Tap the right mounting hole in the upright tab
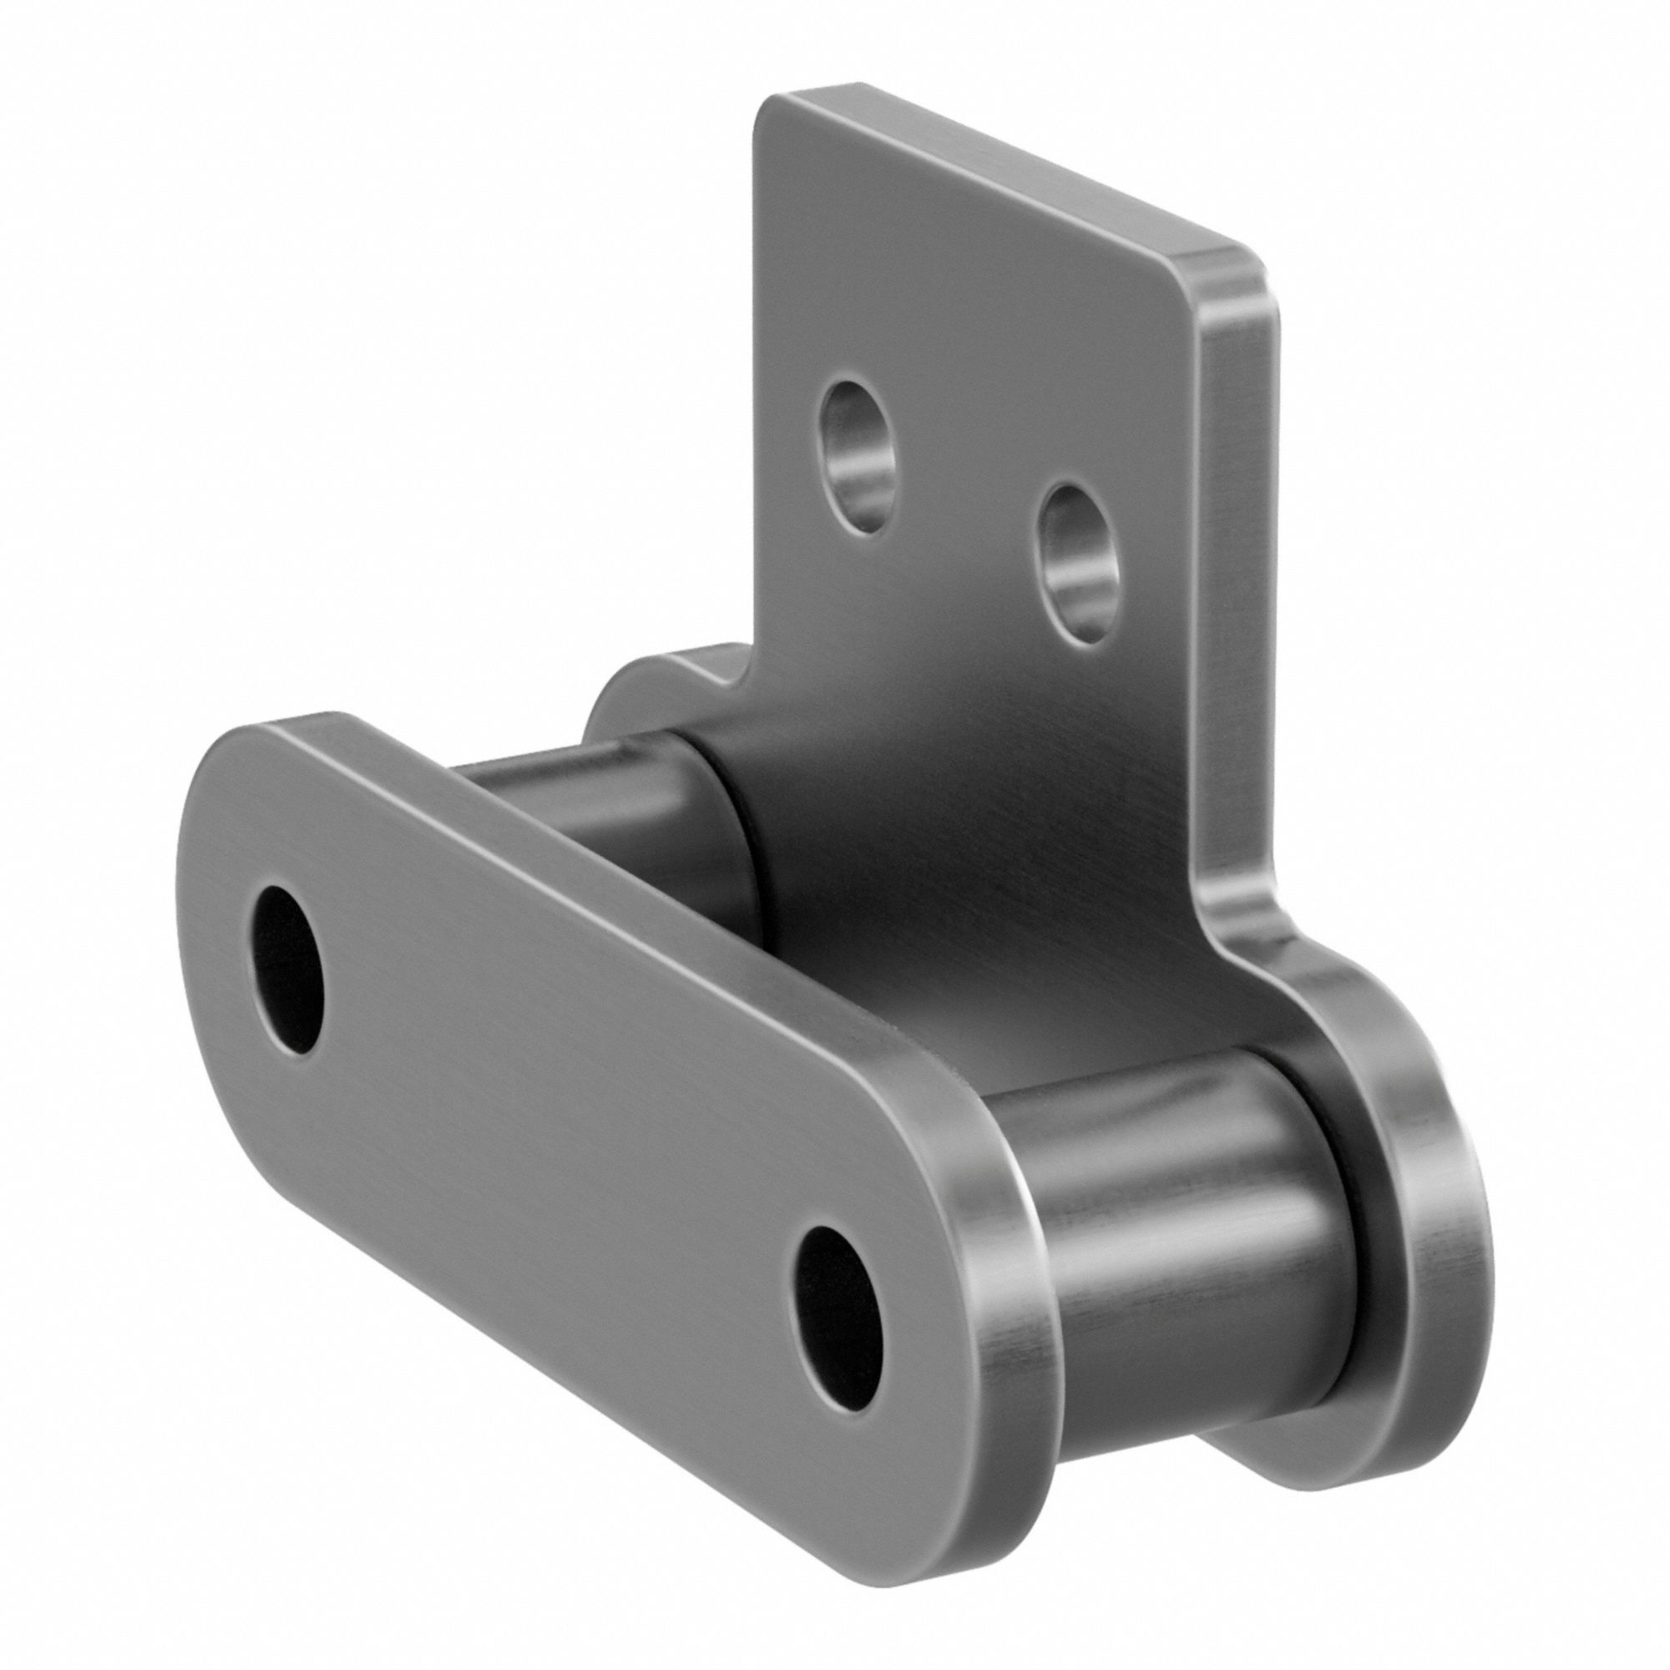[x=1075, y=564]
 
